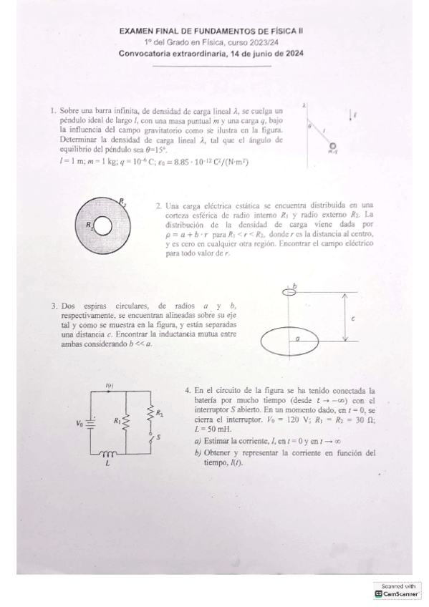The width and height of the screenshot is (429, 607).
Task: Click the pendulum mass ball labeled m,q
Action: click(332, 145)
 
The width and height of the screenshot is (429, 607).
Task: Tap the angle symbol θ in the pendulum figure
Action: click(309, 126)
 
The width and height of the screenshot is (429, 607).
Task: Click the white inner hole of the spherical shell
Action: click(103, 227)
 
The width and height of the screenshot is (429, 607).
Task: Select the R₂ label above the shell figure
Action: click(122, 201)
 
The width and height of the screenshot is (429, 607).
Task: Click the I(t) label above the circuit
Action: click(110, 386)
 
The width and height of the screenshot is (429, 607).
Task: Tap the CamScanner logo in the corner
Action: click(397, 593)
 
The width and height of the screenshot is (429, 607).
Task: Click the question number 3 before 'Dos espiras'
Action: click(54, 306)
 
